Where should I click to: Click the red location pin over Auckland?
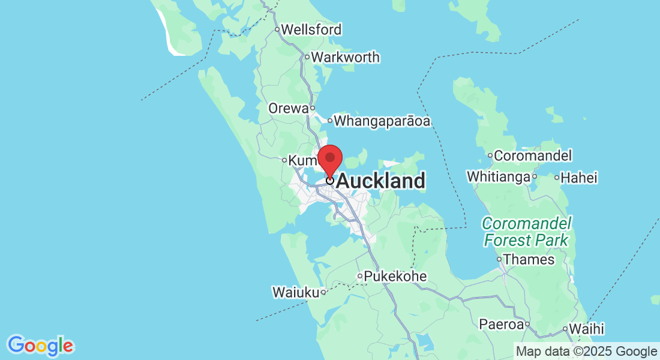tap(329, 158)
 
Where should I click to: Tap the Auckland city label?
tap(381, 181)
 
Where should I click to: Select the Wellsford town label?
tap(311, 29)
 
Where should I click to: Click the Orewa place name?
tap(289, 108)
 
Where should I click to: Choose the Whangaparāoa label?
tap(382, 121)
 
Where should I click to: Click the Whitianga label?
tap(498, 177)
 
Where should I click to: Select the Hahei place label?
tap(580, 178)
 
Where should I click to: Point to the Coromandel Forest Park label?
tap(526, 232)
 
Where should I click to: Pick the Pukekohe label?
tap(395, 277)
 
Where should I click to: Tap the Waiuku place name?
tap(295, 292)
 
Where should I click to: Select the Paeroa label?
tap(500, 325)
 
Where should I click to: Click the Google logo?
tap(40, 346)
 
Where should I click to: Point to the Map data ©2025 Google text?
tap(587, 352)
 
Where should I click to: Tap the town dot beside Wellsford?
tap(277, 29)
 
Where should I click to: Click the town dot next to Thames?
tap(499, 260)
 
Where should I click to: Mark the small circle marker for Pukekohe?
tap(360, 277)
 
